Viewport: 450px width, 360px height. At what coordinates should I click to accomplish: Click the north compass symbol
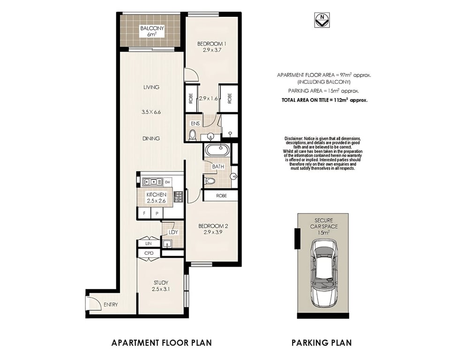[322, 20]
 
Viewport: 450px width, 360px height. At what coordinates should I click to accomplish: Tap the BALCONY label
[152, 29]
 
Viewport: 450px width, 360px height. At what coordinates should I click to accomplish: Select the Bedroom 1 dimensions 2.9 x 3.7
[212, 50]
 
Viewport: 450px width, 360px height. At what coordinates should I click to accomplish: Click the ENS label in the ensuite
[195, 123]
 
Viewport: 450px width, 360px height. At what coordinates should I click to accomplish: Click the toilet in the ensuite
[193, 135]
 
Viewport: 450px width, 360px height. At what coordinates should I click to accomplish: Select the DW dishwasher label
[167, 182]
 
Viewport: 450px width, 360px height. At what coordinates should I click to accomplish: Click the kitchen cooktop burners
[178, 197]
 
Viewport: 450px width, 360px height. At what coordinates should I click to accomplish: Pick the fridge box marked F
[144, 213]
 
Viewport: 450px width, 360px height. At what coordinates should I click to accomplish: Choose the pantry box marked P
[157, 213]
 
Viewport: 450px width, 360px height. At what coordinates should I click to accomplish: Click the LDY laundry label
[173, 232]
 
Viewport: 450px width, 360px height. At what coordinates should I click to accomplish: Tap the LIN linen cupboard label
[149, 243]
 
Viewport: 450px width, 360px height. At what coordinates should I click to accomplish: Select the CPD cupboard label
[149, 253]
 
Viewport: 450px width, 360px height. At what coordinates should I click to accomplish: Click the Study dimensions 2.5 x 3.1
[161, 289]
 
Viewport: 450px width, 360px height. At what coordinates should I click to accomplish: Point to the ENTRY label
[111, 305]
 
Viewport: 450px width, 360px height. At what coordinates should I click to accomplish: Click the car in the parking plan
[322, 273]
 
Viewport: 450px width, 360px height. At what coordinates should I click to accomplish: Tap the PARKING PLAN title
[322, 343]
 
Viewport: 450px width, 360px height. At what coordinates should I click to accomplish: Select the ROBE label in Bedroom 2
[221, 196]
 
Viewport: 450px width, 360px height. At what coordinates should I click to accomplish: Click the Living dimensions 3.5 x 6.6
[151, 112]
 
